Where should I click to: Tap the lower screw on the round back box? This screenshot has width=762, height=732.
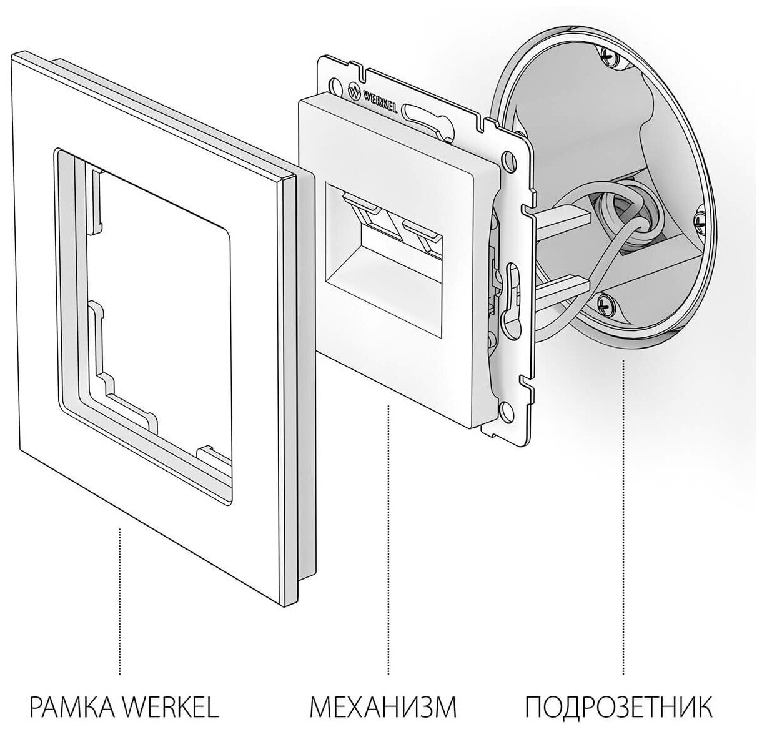pyautogui.click(x=604, y=304)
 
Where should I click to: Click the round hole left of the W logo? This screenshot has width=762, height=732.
pyautogui.click(x=338, y=84)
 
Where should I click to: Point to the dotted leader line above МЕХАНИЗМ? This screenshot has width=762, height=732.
pyautogui.click(x=388, y=537)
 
